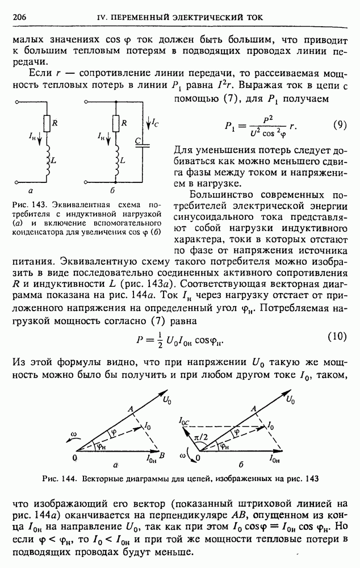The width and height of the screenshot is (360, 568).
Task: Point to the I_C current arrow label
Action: (156, 122)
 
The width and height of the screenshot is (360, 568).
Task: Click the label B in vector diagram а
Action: (162, 456)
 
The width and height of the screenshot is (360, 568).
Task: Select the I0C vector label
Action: (185, 421)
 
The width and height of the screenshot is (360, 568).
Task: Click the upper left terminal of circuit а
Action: (18, 103)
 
